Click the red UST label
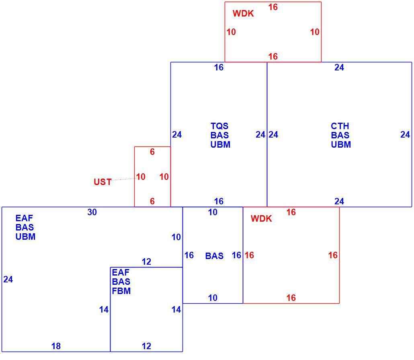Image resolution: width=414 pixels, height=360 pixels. (103, 182)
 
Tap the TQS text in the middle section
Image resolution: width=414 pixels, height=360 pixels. (219, 126)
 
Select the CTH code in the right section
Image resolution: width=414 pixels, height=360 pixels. (340, 126)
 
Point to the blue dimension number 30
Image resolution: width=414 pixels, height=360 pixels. (92, 212)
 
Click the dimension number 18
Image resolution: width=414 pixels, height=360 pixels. (56, 346)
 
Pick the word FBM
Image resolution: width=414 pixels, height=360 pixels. (121, 291)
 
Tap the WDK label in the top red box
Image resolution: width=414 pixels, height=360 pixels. (243, 13)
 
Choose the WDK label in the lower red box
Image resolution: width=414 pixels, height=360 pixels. (261, 218)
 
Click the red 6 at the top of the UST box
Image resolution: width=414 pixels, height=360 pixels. (152, 152)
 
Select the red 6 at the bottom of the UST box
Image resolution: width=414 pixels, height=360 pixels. (152, 201)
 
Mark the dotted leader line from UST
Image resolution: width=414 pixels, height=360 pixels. (123, 179)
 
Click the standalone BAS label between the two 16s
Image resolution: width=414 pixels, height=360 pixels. (214, 256)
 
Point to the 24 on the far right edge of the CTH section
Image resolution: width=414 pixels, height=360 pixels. (405, 134)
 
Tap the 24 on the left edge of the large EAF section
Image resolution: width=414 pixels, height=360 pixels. (8, 280)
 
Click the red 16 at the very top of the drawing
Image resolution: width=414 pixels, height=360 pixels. (273, 7)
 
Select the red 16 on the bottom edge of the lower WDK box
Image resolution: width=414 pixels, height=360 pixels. (291, 298)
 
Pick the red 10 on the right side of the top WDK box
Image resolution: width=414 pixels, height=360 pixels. (315, 32)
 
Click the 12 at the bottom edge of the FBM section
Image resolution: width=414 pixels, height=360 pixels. (147, 346)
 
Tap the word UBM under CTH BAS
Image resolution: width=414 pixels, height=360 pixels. (341, 144)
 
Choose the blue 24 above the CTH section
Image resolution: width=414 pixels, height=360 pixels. (339, 68)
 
